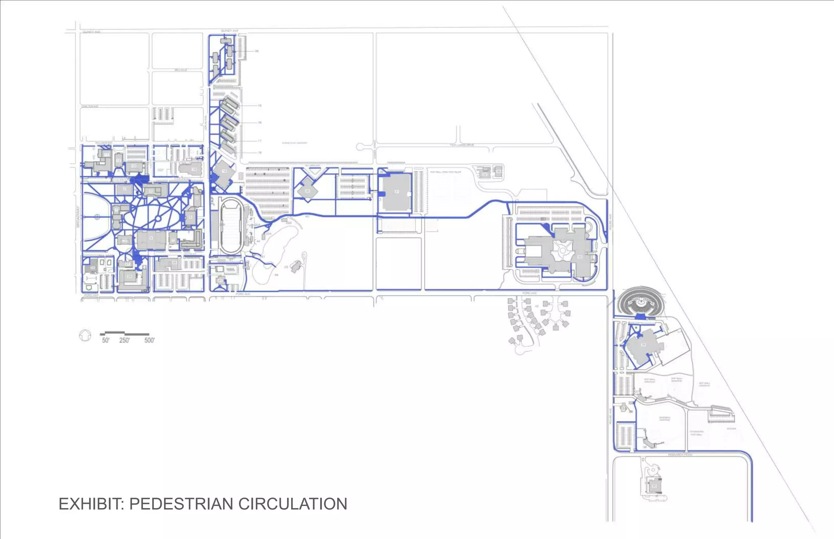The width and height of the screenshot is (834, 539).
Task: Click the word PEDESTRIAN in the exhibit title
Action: (181, 504)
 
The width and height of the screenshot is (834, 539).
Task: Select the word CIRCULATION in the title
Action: (292, 504)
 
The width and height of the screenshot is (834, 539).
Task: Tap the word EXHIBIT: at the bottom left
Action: (91, 504)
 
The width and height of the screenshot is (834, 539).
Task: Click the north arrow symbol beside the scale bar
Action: (85, 336)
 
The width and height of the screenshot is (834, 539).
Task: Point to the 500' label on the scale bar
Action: (149, 340)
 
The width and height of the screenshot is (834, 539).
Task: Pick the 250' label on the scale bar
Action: (124, 340)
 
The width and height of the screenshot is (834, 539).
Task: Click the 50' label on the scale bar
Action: (105, 340)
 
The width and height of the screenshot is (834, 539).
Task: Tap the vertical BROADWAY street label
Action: (78, 217)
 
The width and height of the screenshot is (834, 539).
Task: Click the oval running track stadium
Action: (231, 226)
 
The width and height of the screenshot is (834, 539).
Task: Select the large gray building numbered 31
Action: (396, 192)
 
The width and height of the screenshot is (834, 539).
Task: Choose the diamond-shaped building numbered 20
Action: (308, 191)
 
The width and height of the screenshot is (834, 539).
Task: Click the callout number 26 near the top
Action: (257, 51)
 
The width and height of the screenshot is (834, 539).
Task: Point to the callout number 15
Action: (259, 106)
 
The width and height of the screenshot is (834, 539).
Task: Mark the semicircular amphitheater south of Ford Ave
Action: (641, 302)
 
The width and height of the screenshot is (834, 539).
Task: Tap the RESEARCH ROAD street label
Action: (680, 455)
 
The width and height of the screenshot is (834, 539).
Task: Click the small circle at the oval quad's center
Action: (158, 219)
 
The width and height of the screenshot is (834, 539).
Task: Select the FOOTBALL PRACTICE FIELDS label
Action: (446, 172)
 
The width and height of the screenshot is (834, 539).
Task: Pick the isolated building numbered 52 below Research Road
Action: (654, 486)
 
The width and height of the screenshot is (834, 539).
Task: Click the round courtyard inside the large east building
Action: (563, 251)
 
